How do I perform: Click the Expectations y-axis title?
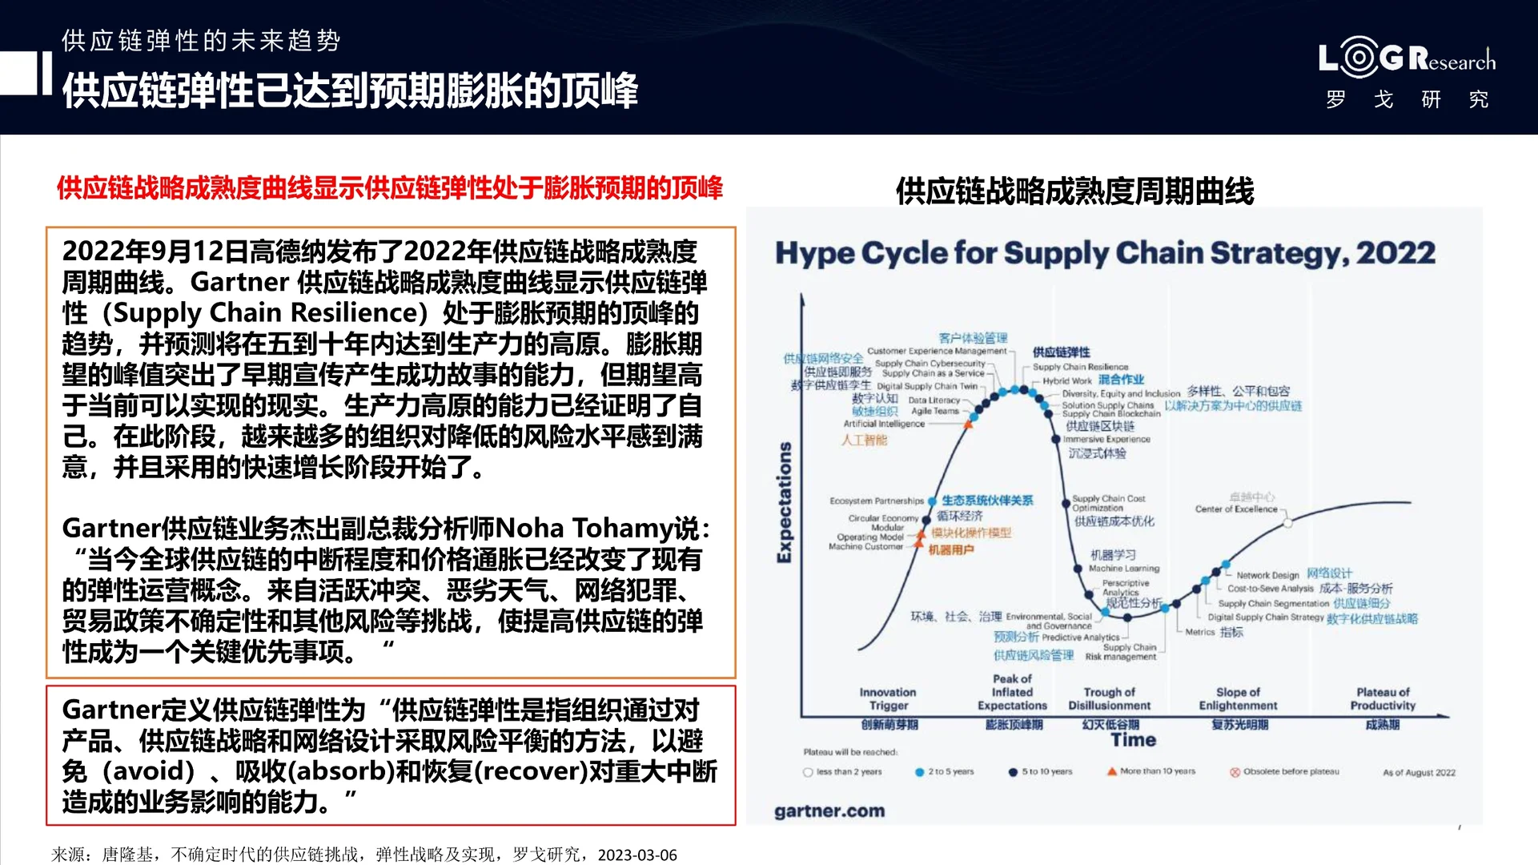pyautogui.click(x=785, y=502)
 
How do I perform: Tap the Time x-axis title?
pyautogui.click(x=1133, y=740)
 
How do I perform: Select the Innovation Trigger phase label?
pyautogui.click(x=888, y=698)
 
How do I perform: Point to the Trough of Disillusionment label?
pyautogui.click(x=1109, y=698)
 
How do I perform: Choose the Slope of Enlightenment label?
pyautogui.click(x=1238, y=698)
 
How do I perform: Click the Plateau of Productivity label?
pyautogui.click(x=1383, y=698)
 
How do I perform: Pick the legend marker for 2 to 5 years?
pyautogui.click(x=920, y=772)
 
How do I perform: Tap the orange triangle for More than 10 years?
pyautogui.click(x=1111, y=771)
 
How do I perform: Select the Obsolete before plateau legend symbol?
pyautogui.click(x=1235, y=772)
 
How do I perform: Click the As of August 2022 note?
pyautogui.click(x=1419, y=773)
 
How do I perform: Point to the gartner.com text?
pyautogui.click(x=829, y=811)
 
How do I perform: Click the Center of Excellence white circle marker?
pyautogui.click(x=1287, y=523)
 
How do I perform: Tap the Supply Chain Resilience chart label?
pyautogui.click(x=1080, y=367)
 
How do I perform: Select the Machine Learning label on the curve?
pyautogui.click(x=1123, y=568)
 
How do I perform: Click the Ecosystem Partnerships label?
pyautogui.click(x=877, y=501)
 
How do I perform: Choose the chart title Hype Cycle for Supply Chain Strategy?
pyautogui.click(x=1105, y=253)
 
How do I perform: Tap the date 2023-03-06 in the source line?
pyautogui.click(x=637, y=855)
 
